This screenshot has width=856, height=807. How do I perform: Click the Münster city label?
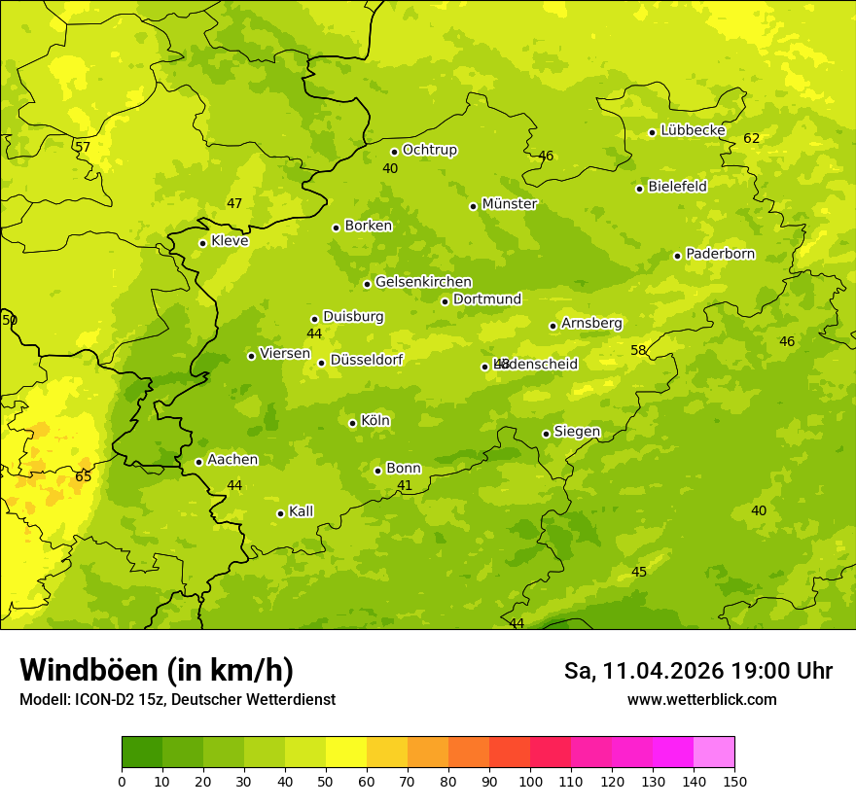point(510,204)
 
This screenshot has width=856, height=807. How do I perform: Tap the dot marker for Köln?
point(352,423)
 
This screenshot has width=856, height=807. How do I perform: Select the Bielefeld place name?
point(677,187)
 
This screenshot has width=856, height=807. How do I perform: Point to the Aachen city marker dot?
point(198,462)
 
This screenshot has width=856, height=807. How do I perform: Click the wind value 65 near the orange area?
point(84,476)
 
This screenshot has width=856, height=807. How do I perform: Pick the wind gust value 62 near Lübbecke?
point(751,138)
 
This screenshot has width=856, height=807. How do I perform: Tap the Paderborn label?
point(720,254)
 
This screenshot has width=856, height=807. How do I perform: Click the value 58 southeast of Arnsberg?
point(638,350)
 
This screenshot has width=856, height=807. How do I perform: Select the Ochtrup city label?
point(429,150)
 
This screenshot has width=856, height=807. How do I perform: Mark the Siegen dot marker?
point(546,434)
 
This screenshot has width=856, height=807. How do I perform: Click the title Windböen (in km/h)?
point(157,670)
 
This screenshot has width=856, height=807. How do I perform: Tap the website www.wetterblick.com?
point(701,699)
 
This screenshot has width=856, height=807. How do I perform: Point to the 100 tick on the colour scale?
point(530,780)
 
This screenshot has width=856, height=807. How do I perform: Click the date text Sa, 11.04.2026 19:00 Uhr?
point(697,671)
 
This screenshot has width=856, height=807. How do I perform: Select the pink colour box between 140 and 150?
point(714,752)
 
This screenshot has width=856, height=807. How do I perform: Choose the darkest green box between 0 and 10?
point(142,752)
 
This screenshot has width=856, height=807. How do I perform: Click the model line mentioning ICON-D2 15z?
point(177,699)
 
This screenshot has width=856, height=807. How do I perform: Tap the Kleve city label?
point(230,241)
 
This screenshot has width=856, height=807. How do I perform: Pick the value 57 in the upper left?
point(83,148)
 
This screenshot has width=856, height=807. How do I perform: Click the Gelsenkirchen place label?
point(423,282)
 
